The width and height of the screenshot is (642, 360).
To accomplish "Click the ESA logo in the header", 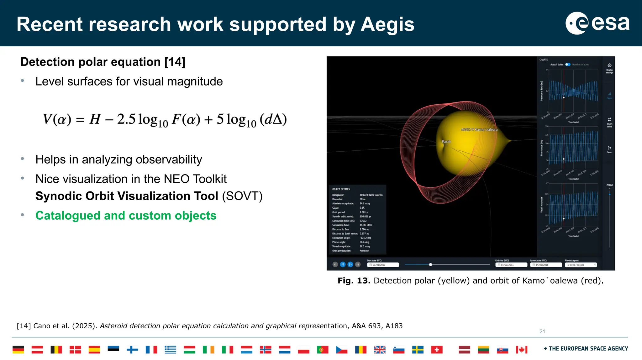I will [597, 23].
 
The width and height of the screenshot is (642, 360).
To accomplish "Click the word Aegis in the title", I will [387, 24].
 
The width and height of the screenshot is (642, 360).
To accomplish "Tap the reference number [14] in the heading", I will [175, 62].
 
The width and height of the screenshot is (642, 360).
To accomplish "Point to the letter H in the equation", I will [95, 119].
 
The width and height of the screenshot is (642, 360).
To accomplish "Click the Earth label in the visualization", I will [446, 142].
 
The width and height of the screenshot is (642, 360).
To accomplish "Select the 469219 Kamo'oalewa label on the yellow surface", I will [479, 129].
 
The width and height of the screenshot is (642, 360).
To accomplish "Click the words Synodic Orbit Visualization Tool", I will [127, 196].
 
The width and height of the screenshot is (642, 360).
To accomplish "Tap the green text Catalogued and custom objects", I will [126, 216].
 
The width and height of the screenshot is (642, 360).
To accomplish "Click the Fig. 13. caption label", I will [354, 280].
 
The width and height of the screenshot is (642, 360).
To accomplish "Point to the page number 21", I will [542, 331].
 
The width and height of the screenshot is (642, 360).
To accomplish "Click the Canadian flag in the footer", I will [522, 349].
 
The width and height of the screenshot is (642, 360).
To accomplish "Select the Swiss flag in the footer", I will [437, 349].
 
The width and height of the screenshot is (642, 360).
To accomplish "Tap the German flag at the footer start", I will [18, 349].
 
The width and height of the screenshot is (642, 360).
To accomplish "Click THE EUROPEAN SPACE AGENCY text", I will [588, 348].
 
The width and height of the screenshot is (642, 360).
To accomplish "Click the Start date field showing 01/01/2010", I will [383, 265].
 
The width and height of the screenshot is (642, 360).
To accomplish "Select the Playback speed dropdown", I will [581, 265].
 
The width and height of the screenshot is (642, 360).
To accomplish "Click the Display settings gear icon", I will [609, 65].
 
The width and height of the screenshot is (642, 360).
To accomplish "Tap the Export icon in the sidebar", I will [609, 148].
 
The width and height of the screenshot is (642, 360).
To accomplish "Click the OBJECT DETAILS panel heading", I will [341, 189].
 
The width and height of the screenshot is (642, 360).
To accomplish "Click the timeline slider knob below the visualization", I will [430, 265].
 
